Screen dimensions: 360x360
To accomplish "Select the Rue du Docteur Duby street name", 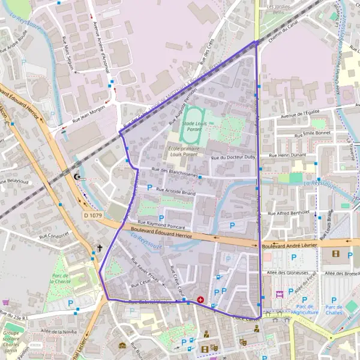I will pyautogui.click(x=235, y=158).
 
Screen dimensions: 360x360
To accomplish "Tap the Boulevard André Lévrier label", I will pyautogui.click(x=289, y=245).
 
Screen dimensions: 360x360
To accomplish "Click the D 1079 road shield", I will pyautogui.click(x=93, y=214).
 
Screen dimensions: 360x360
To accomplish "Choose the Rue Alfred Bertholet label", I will pyautogui.click(x=288, y=212).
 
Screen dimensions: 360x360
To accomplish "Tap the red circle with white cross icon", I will pyautogui.click(x=200, y=299).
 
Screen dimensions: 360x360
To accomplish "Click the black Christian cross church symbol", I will pyautogui.click(x=100, y=247).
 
